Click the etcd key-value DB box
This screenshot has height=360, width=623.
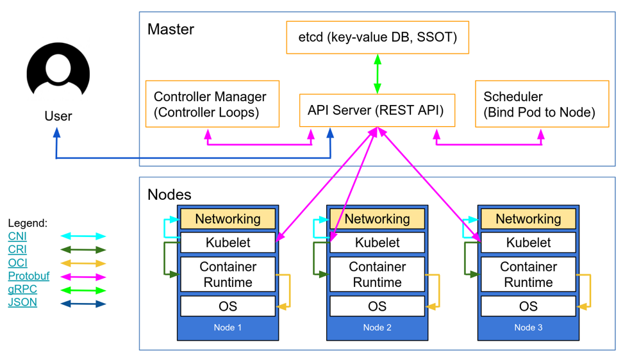coord(378,37)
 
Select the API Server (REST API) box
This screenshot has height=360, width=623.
coord(377,110)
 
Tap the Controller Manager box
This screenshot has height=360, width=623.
coord(212,104)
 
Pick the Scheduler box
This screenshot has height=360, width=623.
coord(542,104)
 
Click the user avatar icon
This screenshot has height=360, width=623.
coord(58,72)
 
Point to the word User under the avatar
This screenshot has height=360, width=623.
coord(58,116)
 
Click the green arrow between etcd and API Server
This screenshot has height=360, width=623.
coord(378,74)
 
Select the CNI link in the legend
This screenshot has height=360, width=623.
coord(17,236)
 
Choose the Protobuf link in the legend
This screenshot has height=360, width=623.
coord(28,276)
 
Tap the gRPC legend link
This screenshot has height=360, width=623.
coord(22,289)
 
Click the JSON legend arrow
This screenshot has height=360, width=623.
coord(83,304)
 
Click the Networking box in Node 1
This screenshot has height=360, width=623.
coord(228,219)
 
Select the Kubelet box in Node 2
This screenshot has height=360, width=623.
coord(377,243)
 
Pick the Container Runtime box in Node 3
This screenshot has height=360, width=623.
coord(528,274)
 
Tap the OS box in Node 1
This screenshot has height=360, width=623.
coord(228,306)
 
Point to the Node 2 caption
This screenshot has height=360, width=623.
coord(377,328)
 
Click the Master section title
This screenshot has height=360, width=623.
coord(170,29)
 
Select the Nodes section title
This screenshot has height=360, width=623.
coord(169,194)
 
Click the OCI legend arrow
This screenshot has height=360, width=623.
coord(83,263)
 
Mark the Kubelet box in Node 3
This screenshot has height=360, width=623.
coord(528,243)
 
